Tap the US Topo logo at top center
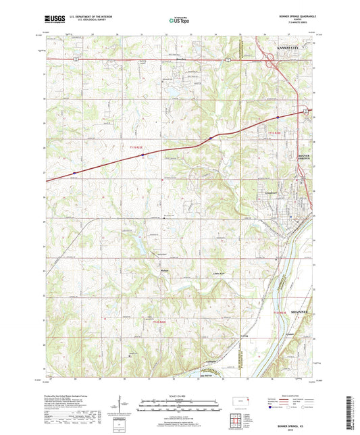coord(180,22)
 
